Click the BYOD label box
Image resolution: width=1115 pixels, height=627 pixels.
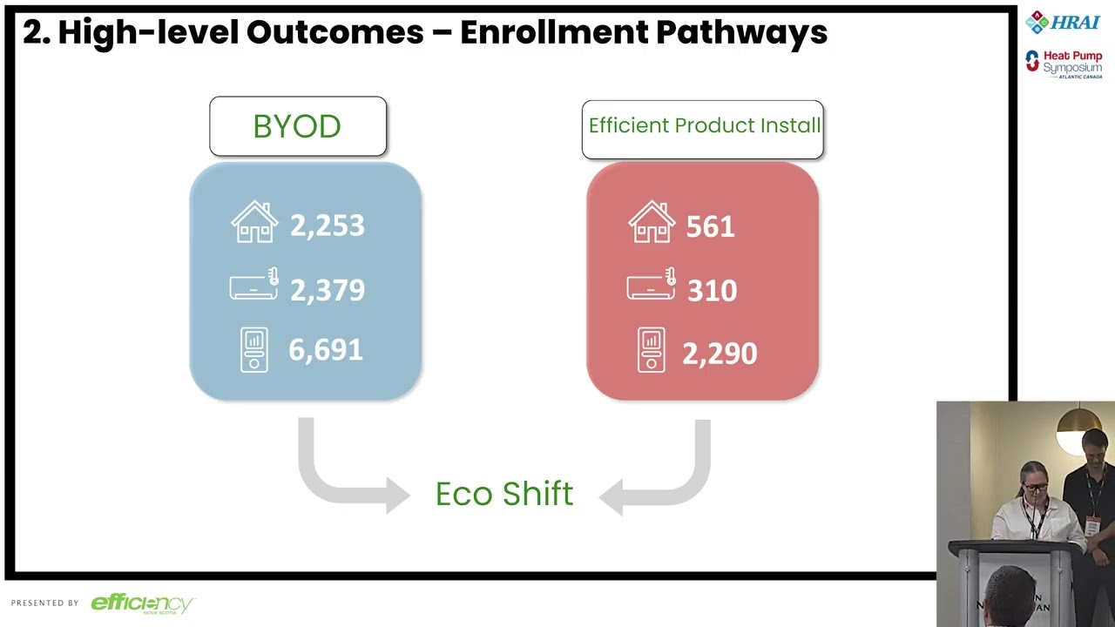[x=298, y=126]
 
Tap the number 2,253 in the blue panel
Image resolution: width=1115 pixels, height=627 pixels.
[x=327, y=226]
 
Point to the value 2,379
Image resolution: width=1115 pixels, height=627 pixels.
[x=327, y=290]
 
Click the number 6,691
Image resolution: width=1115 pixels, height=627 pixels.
[x=325, y=350]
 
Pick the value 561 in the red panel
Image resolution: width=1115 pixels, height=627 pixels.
[x=710, y=227]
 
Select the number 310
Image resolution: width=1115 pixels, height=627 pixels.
[x=712, y=291]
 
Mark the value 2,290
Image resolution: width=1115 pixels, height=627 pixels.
[x=719, y=354]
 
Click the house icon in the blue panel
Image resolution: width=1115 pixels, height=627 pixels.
[x=254, y=222]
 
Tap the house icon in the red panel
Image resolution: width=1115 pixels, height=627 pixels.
[x=652, y=222]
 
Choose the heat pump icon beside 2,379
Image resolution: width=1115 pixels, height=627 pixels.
[x=253, y=285]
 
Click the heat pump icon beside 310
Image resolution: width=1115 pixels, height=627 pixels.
[x=651, y=285]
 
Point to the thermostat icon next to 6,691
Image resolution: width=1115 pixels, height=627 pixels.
[x=254, y=349]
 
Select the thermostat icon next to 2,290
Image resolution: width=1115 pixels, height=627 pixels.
[x=651, y=350]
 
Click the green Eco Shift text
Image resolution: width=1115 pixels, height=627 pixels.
[x=504, y=495]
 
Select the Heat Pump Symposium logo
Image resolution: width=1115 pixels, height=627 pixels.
[x=1064, y=64]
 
